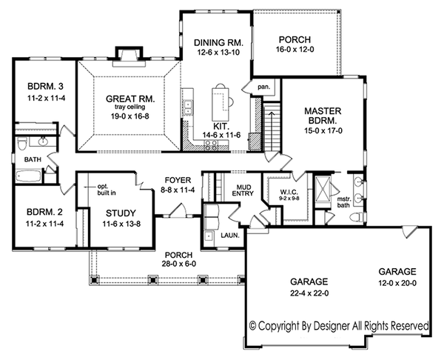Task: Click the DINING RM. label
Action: (x=218, y=43)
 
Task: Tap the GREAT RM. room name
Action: (x=130, y=99)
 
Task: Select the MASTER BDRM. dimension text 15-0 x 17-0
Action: (x=323, y=131)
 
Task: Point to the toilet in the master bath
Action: (x=357, y=218)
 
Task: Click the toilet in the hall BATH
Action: (x=21, y=144)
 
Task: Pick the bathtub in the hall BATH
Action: (x=28, y=176)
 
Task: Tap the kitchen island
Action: (x=221, y=104)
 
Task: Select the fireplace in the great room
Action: (x=129, y=57)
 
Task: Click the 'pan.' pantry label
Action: (x=264, y=87)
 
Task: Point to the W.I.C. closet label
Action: (x=288, y=193)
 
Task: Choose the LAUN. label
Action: (x=230, y=236)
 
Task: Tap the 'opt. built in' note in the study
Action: (x=107, y=190)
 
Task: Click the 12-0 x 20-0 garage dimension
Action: (x=397, y=283)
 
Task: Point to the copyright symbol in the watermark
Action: (x=253, y=326)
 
